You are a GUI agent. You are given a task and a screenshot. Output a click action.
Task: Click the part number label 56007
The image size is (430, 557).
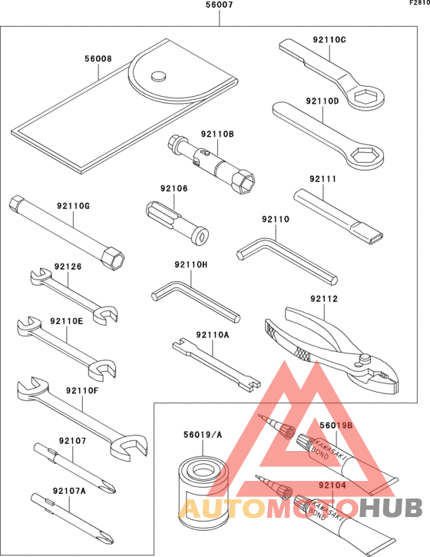pos(219,5)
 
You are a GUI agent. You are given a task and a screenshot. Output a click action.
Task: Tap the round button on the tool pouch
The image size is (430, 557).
pos(159,75)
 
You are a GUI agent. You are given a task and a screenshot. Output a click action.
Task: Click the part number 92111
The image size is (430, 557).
pos(324,179)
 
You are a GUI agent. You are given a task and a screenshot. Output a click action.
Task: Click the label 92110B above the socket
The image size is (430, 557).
pos(217,134)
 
